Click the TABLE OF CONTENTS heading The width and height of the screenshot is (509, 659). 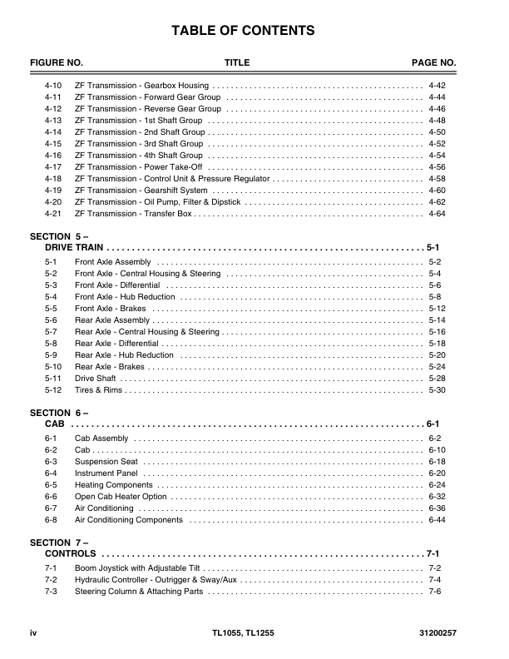243,31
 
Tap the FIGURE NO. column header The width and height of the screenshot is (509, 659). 57,63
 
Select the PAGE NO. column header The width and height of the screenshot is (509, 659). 434,63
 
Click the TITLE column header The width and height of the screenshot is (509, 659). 237,63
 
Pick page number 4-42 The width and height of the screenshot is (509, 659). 437,86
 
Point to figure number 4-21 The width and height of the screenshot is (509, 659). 53,214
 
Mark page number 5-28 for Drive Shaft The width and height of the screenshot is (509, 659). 437,379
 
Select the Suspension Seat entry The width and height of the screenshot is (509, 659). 106,462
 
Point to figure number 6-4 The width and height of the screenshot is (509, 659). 51,473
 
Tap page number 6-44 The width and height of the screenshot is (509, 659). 437,520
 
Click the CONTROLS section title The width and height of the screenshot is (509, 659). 71,554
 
